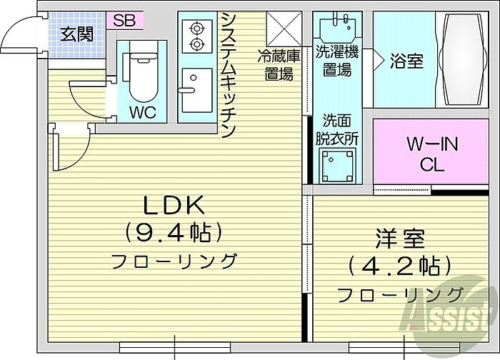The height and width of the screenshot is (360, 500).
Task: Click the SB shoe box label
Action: [124, 21]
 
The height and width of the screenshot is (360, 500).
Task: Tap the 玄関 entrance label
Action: [77, 34]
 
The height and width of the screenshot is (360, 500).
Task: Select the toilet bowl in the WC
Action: [144, 77]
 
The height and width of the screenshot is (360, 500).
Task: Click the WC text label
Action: [143, 112]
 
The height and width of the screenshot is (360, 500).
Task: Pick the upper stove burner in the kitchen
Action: [196, 29]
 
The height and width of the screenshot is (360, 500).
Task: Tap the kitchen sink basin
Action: [197, 90]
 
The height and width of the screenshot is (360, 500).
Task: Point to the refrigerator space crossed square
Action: [284, 29]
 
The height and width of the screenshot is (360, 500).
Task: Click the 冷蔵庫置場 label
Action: [279, 66]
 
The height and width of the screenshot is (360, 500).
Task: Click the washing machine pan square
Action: [337, 166]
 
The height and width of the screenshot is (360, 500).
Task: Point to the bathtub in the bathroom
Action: [463, 59]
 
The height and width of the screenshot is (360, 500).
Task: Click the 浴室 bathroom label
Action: [407, 61]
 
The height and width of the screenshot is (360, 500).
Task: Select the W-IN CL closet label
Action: [432, 154]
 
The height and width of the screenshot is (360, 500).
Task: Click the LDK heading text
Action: [174, 205]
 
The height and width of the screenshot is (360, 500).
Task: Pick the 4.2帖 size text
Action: [399, 266]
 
